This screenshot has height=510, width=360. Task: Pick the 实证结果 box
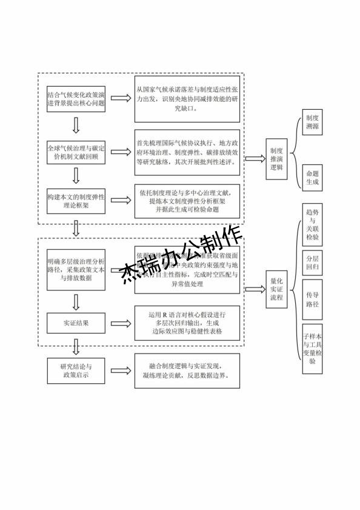click(76, 323)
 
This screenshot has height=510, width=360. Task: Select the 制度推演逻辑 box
click(276, 159)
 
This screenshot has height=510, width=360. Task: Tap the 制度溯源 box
click(312, 123)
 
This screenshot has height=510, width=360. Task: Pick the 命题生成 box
click(312, 177)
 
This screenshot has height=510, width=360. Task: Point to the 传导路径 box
click(312, 300)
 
